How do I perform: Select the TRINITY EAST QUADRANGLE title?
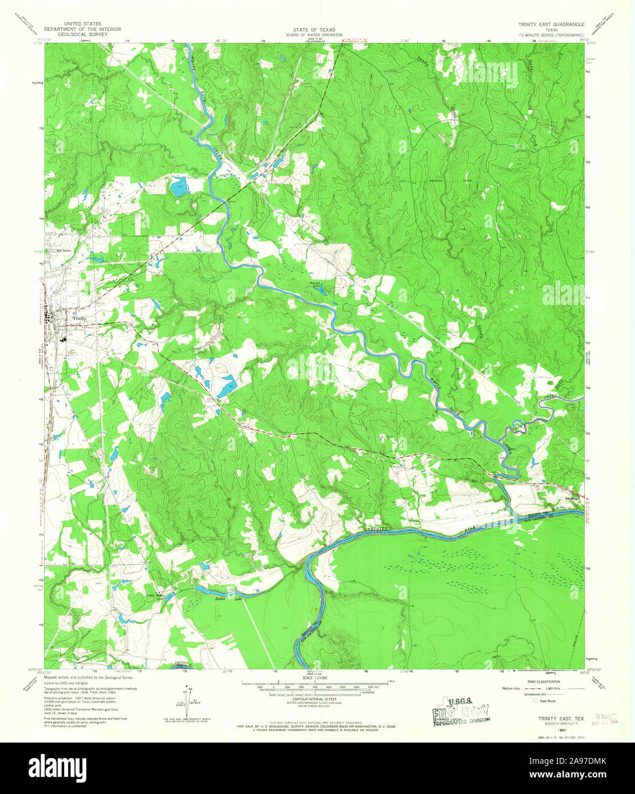(551, 25)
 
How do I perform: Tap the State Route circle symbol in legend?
(536, 700)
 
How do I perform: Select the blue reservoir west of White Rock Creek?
(178, 186)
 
